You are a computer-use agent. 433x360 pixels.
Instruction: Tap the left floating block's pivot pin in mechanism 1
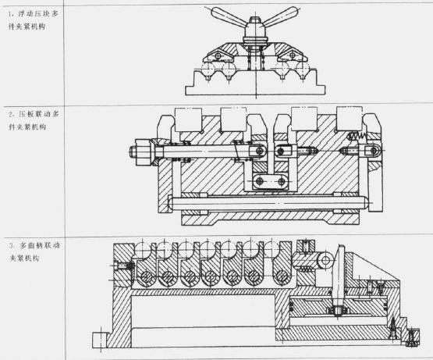[x=218, y=55]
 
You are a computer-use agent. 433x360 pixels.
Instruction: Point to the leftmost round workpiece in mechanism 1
[x=208, y=69]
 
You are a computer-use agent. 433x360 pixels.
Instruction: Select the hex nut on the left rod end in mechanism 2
[x=142, y=152]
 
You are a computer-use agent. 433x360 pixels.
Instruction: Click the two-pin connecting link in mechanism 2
[x=271, y=182]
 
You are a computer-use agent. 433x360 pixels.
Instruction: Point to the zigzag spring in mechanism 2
[x=357, y=136]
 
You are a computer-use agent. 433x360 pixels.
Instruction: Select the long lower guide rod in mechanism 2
[x=268, y=203]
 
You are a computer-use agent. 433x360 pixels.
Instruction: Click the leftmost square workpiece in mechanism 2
[x=188, y=119]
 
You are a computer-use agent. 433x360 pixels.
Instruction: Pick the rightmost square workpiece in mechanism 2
[x=350, y=119]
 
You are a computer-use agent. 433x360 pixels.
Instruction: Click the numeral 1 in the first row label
[x=10, y=14]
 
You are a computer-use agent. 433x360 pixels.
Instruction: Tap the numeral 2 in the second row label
[x=11, y=114]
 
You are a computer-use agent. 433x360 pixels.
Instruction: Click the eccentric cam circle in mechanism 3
[x=325, y=260]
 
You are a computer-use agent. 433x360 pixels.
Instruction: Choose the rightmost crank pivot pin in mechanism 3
[x=282, y=276]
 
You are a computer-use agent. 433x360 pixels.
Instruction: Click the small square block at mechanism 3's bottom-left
[x=100, y=340]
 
